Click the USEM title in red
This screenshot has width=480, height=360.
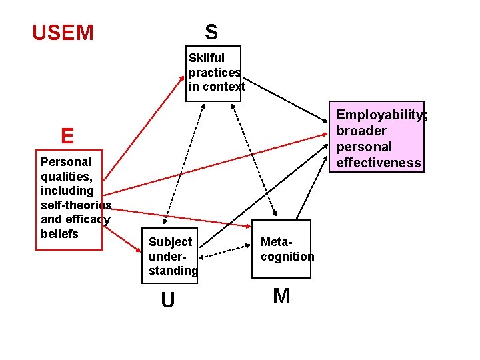(63, 33)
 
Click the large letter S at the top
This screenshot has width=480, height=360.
(211, 31)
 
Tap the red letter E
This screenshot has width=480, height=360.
(67, 136)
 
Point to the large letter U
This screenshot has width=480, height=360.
(168, 301)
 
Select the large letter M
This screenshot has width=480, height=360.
(282, 296)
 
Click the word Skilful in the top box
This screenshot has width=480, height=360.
(207, 58)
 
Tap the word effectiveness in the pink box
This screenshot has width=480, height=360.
(379, 163)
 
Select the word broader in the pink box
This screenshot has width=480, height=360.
(361, 131)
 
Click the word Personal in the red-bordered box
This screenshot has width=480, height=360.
(66, 161)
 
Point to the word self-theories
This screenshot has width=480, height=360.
(76, 205)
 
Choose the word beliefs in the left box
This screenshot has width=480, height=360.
(59, 234)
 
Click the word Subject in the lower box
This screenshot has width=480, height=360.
(170, 241)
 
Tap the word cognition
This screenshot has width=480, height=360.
(287, 256)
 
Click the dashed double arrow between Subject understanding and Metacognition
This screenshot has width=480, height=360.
(226, 254)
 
